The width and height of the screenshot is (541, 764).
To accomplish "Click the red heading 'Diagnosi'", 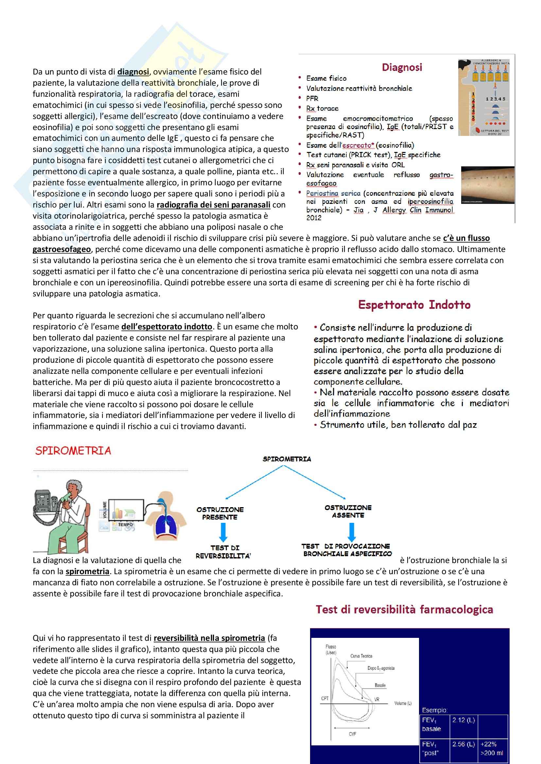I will click(x=402, y=67).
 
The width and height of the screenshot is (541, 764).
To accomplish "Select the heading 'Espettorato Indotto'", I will click(x=414, y=305).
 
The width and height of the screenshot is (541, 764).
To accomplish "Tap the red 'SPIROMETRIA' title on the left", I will click(x=73, y=451).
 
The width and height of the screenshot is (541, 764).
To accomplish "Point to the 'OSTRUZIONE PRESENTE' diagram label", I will click(x=220, y=513).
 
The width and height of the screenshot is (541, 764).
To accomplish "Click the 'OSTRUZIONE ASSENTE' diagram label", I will click(x=348, y=511).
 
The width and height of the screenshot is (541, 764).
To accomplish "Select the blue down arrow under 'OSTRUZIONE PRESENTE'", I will click(x=223, y=532).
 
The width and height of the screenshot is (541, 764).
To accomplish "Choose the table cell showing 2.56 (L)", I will click(x=463, y=744).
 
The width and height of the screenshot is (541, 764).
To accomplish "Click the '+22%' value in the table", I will click(x=488, y=744).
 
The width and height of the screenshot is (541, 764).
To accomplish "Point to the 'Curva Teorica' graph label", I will click(x=361, y=656).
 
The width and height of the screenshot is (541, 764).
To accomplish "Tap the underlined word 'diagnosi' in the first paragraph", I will click(x=133, y=72).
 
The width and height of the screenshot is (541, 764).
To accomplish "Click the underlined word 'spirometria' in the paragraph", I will click(x=87, y=571).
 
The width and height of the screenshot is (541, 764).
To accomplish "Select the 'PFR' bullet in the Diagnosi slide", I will click(x=312, y=98).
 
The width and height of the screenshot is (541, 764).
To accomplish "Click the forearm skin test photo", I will click(x=487, y=185).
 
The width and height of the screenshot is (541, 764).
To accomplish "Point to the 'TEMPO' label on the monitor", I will click(x=125, y=524).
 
